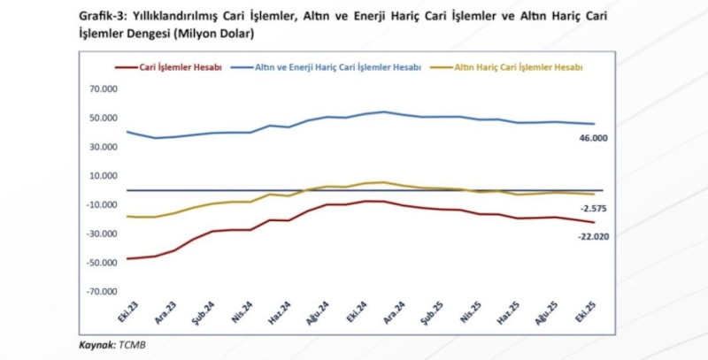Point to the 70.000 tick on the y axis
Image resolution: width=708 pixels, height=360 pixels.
(x=104, y=89)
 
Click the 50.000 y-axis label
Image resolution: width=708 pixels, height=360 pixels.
(x=104, y=119)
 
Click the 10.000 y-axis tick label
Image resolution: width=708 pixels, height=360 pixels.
(x=104, y=176)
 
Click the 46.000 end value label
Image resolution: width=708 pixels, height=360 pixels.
(x=596, y=139)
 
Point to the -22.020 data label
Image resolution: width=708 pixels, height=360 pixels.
(x=594, y=236)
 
